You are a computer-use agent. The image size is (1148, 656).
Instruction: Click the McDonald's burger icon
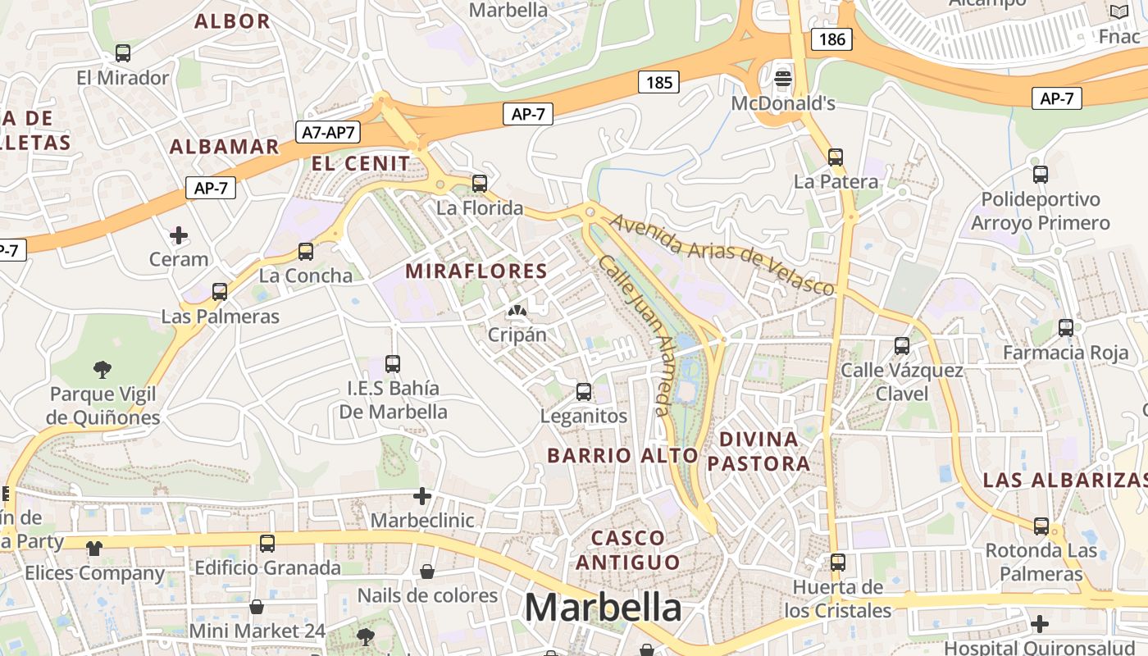click(x=783, y=79)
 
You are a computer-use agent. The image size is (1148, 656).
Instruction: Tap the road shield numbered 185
click(x=659, y=82)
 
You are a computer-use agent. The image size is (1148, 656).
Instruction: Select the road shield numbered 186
click(x=831, y=39)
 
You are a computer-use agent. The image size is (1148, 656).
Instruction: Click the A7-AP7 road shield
click(x=328, y=131)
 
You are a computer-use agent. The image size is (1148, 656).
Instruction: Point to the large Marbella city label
click(x=603, y=608)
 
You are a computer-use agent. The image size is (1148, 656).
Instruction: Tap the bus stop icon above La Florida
click(x=480, y=183)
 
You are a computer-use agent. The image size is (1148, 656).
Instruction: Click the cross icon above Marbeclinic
click(x=422, y=496)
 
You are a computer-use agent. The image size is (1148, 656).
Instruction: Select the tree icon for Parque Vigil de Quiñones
click(x=102, y=369)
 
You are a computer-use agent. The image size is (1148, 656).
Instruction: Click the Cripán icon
click(x=517, y=311)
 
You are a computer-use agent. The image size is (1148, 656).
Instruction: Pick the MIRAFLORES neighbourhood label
click(x=476, y=271)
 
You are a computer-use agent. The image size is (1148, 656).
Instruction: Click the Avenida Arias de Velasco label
click(x=722, y=253)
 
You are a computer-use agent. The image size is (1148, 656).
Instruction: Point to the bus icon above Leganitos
click(x=584, y=392)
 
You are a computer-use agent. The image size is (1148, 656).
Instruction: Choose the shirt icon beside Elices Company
click(x=95, y=548)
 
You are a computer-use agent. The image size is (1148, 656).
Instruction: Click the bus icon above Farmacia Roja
click(x=1066, y=328)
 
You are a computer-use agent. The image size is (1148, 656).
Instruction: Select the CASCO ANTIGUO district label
click(x=628, y=550)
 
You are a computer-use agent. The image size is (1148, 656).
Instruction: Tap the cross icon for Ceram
click(x=178, y=236)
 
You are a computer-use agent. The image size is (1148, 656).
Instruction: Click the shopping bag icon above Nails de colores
click(x=427, y=571)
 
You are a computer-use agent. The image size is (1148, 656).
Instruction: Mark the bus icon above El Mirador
click(x=123, y=53)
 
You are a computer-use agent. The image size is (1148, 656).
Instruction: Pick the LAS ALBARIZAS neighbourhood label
click(x=1064, y=481)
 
